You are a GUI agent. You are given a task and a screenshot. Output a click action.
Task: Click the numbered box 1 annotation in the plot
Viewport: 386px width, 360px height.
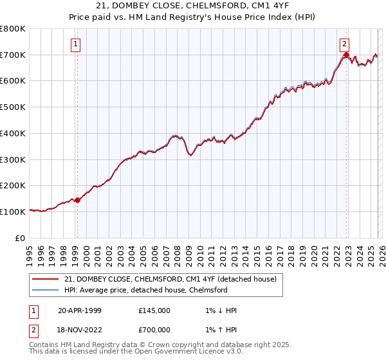click(x=76, y=44)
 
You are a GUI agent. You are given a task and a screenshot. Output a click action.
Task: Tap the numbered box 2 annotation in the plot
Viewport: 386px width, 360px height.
click(x=345, y=44)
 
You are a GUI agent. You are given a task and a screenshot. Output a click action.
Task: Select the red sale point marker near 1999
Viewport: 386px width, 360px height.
click(x=78, y=200)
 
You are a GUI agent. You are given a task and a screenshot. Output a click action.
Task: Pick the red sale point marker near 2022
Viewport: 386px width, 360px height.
click(x=346, y=55)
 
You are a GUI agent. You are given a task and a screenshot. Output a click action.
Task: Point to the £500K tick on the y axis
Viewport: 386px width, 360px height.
click(x=13, y=107)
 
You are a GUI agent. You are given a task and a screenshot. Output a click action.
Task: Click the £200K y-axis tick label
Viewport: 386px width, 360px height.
click(x=13, y=186)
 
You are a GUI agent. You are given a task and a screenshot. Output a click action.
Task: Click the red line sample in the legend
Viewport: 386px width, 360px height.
click(x=46, y=279)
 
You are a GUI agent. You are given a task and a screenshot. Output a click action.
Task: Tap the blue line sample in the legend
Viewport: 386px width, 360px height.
click(x=46, y=290)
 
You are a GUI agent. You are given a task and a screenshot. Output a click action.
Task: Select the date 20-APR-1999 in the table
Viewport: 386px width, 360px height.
click(x=80, y=310)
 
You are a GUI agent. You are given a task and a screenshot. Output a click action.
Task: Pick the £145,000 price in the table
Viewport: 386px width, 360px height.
click(x=154, y=310)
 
